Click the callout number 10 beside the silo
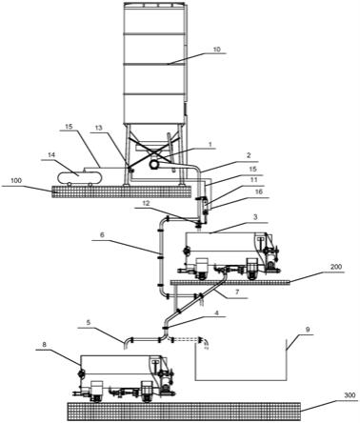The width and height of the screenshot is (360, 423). (216, 50)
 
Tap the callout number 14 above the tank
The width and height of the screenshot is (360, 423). (51, 155)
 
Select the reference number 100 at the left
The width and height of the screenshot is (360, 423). (16, 181)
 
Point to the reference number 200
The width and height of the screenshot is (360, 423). (336, 267)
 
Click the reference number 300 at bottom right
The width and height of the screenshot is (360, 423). (350, 395)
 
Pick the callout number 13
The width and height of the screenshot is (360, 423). (99, 128)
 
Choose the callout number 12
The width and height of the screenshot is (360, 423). (146, 202)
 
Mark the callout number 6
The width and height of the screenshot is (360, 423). (102, 235)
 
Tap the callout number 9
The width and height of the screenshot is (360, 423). (307, 330)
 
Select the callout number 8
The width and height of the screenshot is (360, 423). (44, 344)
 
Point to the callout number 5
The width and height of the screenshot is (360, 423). (89, 322)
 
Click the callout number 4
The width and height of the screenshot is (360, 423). (217, 312)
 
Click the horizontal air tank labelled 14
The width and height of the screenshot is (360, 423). (79, 177)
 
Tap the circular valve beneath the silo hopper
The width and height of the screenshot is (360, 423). (154, 164)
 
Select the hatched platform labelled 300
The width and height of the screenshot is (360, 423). (184, 412)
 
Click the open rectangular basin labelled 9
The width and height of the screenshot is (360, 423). (241, 380)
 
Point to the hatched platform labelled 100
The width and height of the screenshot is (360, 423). (122, 191)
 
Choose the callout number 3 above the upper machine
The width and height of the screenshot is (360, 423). (255, 217)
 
